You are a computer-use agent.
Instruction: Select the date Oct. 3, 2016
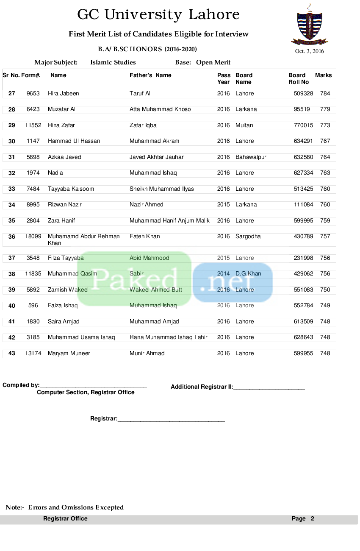(x=309, y=51)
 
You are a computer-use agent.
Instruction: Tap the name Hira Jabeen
(x=64, y=94)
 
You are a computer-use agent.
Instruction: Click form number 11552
(x=33, y=125)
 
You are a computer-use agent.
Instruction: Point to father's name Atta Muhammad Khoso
(x=160, y=109)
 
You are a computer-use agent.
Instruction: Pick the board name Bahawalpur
(x=251, y=157)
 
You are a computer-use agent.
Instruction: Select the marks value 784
(x=325, y=94)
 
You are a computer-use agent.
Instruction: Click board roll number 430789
(x=304, y=237)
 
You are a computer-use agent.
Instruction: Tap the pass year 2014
(x=223, y=273)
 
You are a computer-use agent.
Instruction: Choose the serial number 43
(x=12, y=353)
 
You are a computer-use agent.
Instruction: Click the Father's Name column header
(x=150, y=75)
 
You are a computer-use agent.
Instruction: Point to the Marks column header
(x=324, y=75)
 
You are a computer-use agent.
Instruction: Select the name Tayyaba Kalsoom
(x=71, y=189)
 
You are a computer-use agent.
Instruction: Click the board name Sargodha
(x=248, y=237)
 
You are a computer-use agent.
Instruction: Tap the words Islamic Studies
(x=113, y=62)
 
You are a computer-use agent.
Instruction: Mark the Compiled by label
(x=21, y=385)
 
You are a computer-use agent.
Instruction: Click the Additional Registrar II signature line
(x=269, y=389)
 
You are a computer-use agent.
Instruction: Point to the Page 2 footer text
(x=303, y=518)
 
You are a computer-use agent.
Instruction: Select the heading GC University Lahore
(x=158, y=14)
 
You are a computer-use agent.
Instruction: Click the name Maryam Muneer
(x=69, y=353)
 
